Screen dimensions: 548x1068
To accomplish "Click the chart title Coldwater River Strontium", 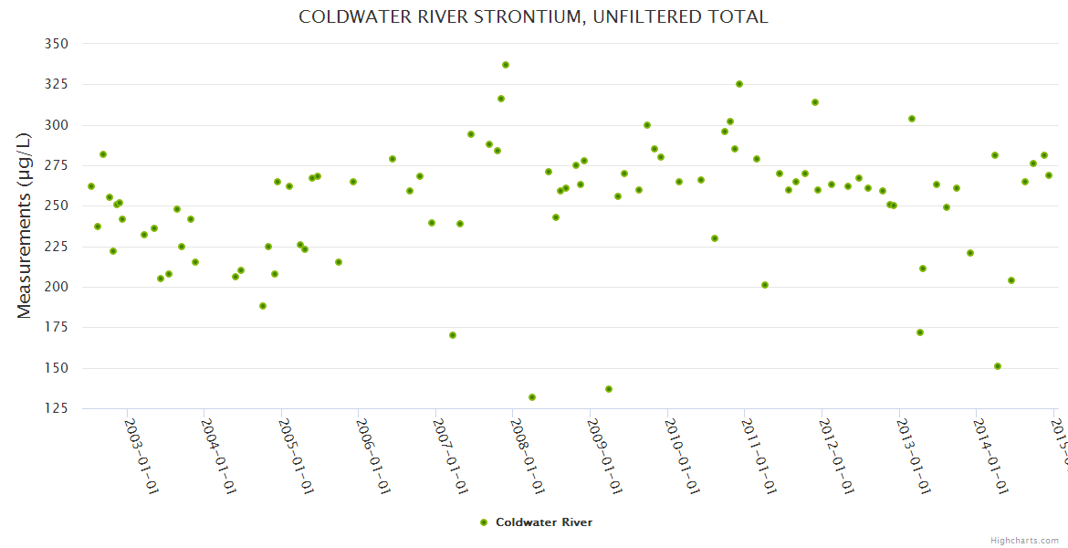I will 533,17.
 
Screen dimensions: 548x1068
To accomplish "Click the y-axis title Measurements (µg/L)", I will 25,226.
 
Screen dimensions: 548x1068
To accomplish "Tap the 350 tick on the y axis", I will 56,44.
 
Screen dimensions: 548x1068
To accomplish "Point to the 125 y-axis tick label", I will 56,408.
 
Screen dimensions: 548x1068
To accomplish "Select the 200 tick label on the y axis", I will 56,287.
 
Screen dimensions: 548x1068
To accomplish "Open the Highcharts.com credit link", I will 1025,540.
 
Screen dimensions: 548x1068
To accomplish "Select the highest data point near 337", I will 506,65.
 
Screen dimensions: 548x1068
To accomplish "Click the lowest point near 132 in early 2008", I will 532,397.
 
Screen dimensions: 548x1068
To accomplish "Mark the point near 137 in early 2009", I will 609,389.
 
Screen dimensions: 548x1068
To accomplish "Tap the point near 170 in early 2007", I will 453,335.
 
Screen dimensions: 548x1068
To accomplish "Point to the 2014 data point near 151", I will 998,366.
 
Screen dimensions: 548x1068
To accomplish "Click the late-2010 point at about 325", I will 739,84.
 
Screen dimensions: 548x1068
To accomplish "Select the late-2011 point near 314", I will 815,102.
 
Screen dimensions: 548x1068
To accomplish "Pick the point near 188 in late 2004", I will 263,306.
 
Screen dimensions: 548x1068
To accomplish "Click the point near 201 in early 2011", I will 765,285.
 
